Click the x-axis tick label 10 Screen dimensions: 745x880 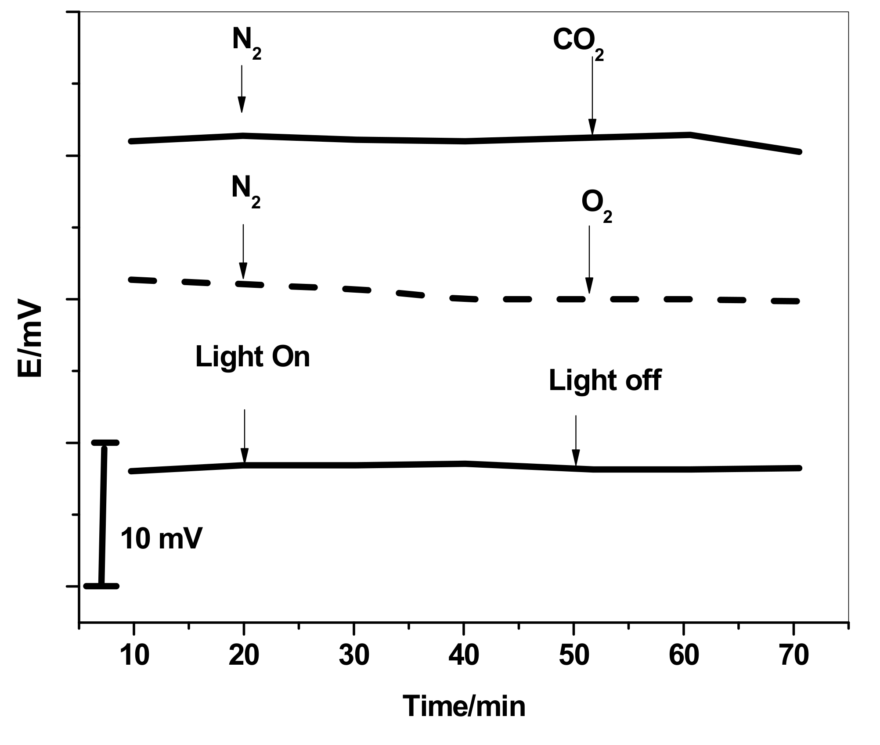point(134,656)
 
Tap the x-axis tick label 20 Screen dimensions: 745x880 point(244,656)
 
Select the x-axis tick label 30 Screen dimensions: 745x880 point(354,656)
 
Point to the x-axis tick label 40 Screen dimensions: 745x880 point(464,656)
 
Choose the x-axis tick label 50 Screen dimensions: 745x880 point(574,656)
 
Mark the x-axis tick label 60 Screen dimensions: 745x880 point(684,656)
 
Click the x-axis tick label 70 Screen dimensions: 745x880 point(794,656)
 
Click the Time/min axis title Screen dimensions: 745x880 point(464,707)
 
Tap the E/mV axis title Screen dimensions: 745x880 point(30,338)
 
